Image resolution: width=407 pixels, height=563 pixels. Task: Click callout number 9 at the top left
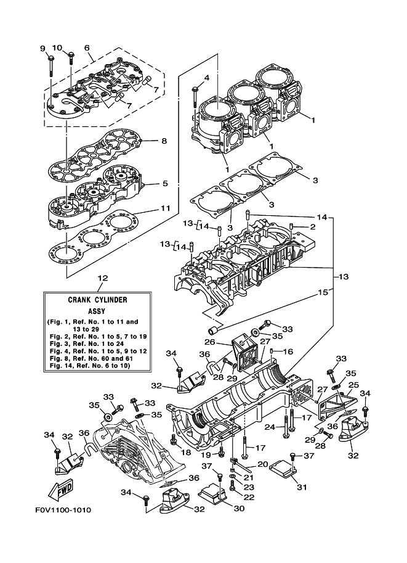(42, 49)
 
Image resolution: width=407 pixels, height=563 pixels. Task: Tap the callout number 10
(57, 48)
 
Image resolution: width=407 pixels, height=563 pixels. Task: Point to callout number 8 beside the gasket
(164, 141)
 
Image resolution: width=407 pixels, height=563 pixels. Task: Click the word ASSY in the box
(97, 311)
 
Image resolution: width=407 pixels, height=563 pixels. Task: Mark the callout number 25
(354, 384)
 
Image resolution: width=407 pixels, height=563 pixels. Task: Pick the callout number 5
(165, 183)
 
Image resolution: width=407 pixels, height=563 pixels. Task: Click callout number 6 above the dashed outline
(87, 48)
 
